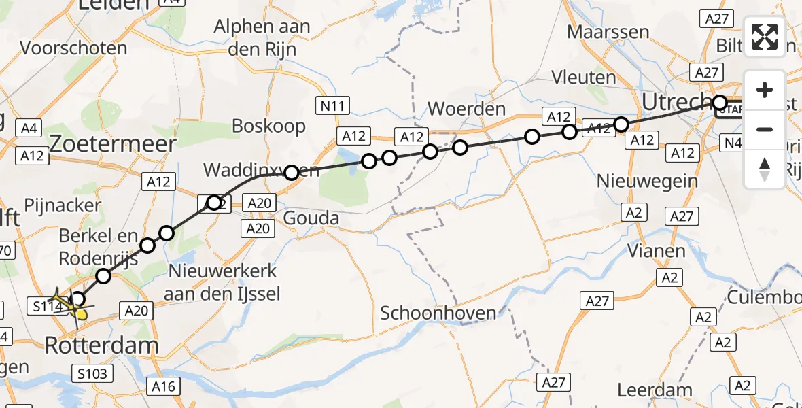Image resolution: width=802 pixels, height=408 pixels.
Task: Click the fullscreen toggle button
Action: (x=765, y=36)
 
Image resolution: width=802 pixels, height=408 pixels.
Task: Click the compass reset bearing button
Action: (x=765, y=168)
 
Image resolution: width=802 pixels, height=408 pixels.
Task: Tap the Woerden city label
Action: (x=466, y=109)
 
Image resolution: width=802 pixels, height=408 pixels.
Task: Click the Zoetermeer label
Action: (x=111, y=144)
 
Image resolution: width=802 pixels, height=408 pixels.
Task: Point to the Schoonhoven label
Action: (x=436, y=313)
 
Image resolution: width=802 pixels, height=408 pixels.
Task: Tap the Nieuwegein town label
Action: (x=647, y=181)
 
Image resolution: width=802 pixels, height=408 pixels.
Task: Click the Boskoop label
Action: (x=268, y=126)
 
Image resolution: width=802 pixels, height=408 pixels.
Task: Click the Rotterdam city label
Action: (x=101, y=345)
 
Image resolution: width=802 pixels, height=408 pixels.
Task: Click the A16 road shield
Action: (x=164, y=387)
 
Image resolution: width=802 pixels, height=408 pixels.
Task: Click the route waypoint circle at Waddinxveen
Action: (x=291, y=173)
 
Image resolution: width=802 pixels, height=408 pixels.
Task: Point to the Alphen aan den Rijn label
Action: (x=262, y=37)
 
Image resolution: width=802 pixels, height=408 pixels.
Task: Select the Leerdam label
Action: (x=655, y=390)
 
